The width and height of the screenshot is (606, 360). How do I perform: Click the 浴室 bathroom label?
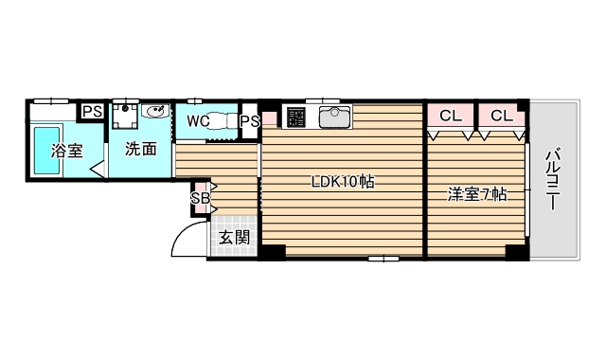click(67, 150)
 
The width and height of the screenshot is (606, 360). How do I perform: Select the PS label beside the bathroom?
click(92, 112)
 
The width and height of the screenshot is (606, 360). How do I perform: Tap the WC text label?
click(198, 121)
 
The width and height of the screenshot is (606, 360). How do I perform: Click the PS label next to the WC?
click(250, 121)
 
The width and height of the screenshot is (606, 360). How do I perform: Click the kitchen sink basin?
click(334, 117)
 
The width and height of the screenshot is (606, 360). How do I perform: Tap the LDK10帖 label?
click(343, 182)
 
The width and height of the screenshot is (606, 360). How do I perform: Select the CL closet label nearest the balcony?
click(502, 117)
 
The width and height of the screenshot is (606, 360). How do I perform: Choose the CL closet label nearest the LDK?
click(451, 117)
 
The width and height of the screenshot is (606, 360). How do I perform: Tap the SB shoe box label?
click(200, 198)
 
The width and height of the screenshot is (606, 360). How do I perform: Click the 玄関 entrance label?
click(234, 238)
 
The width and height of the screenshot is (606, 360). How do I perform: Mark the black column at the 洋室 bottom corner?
click(514, 251)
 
